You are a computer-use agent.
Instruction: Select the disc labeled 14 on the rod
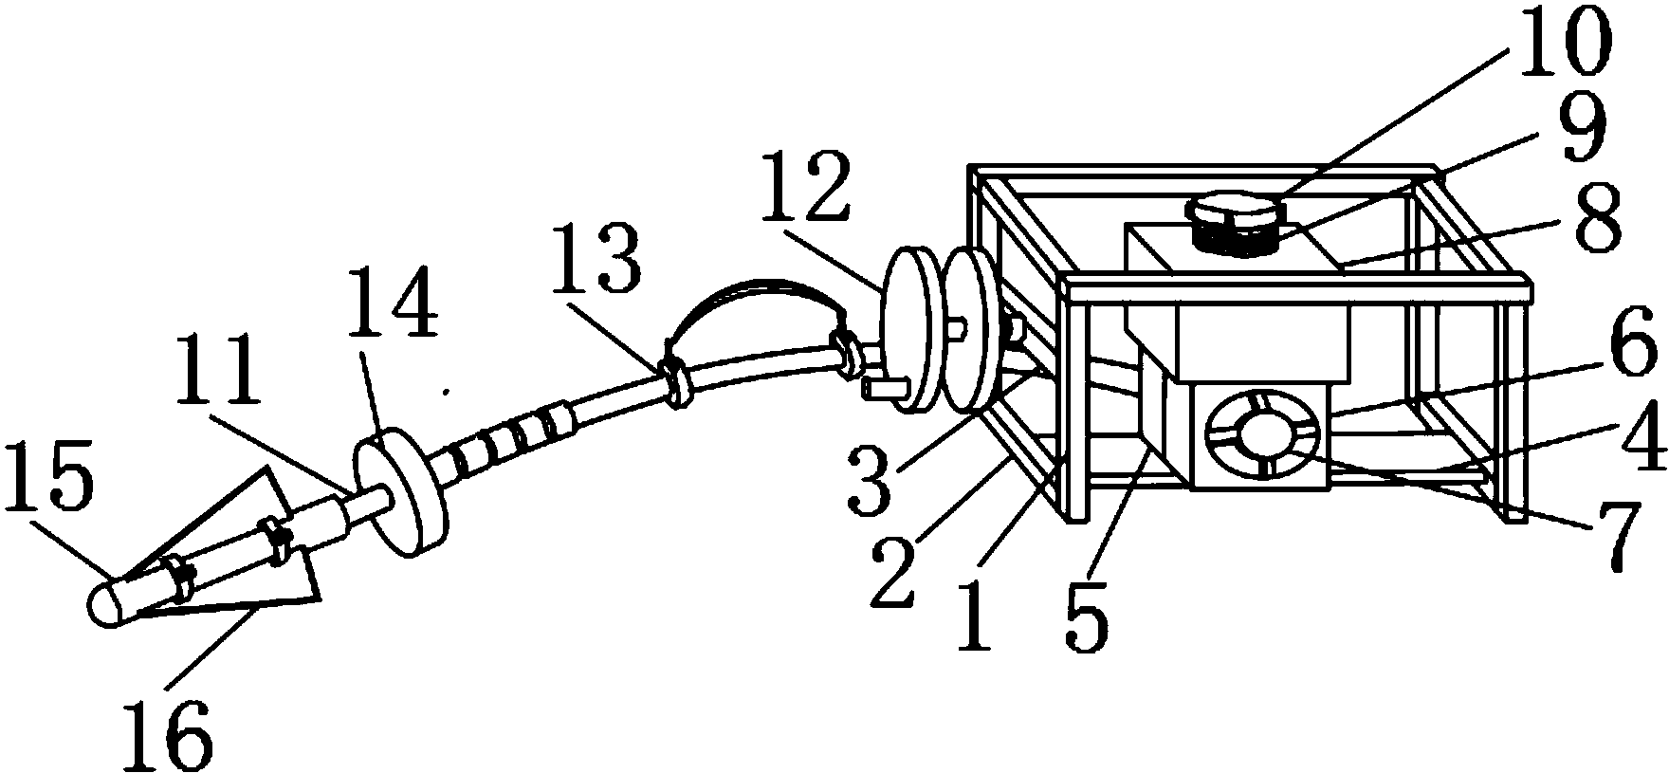tap(400, 494)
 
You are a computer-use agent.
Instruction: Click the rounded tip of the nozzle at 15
tap(106, 603)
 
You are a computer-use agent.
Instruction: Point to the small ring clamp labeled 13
tap(675, 380)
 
